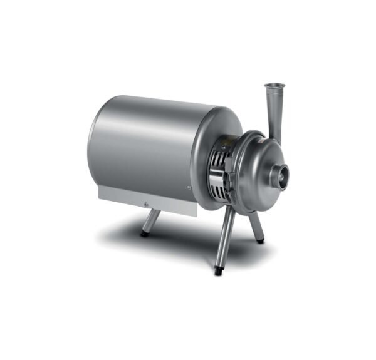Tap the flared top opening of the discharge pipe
(274, 86)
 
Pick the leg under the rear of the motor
(151, 221)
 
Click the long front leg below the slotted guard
(224, 238)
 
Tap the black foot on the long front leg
(218, 270)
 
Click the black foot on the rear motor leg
(145, 234)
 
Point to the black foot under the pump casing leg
(260, 240)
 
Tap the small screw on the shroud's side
(189, 188)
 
